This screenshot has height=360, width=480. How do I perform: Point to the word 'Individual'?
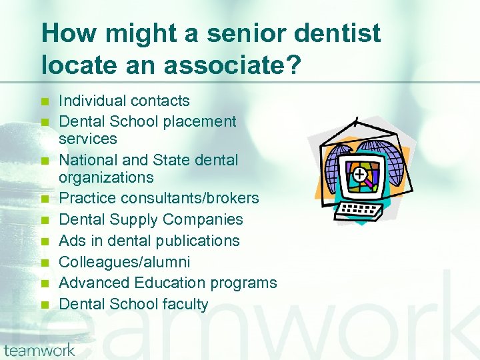coord(91,101)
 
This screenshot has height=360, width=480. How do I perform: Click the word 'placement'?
coord(202,122)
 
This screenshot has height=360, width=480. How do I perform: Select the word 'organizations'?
coord(106,177)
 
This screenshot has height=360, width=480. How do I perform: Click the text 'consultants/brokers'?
coord(185,198)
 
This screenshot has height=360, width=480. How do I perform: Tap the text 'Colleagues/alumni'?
coord(125,262)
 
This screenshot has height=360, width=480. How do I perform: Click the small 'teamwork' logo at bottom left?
coord(39,350)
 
